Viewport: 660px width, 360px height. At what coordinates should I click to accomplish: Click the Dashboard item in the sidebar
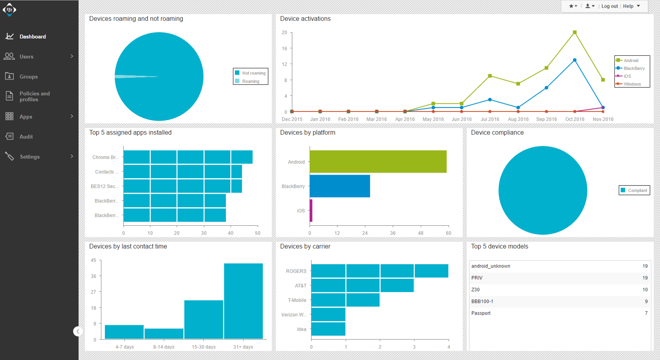point(32,37)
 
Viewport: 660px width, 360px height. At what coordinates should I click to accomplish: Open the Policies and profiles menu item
point(34,96)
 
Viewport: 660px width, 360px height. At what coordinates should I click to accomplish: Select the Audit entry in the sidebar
point(26,137)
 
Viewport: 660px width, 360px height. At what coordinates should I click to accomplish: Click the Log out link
point(609,6)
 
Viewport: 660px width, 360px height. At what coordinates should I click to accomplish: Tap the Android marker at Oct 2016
point(575,32)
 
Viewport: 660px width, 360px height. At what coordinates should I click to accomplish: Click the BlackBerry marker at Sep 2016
point(546,88)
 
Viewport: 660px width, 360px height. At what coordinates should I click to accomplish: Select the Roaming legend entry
point(250,81)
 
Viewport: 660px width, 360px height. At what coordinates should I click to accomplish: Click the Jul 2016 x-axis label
point(490,119)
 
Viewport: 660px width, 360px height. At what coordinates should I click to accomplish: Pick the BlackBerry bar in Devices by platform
point(340,186)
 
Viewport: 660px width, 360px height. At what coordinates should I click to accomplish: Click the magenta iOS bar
point(311,211)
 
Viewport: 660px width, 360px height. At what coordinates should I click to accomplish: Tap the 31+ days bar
point(243,301)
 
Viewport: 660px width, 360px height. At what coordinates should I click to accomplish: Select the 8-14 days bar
point(164,333)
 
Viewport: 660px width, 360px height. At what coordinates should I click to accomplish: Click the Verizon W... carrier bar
point(328,314)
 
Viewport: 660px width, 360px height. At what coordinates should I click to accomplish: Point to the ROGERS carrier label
point(296,271)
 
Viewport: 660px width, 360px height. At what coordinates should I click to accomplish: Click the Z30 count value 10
point(645,290)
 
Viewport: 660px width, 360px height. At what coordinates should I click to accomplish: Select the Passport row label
point(481,313)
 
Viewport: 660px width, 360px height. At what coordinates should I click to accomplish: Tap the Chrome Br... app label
point(105,157)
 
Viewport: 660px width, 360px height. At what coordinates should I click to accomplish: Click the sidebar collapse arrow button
point(78,331)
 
